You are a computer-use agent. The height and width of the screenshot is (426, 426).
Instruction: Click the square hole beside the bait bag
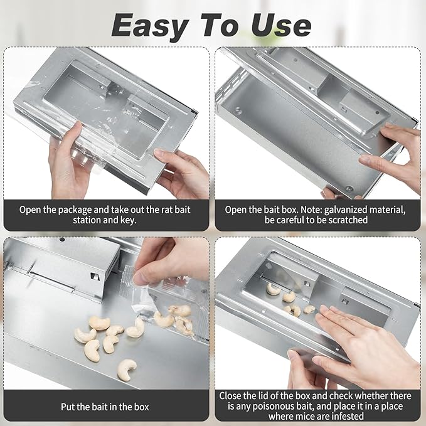point(94,274)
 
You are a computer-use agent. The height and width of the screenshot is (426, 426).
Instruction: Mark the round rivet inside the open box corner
point(238,111)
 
